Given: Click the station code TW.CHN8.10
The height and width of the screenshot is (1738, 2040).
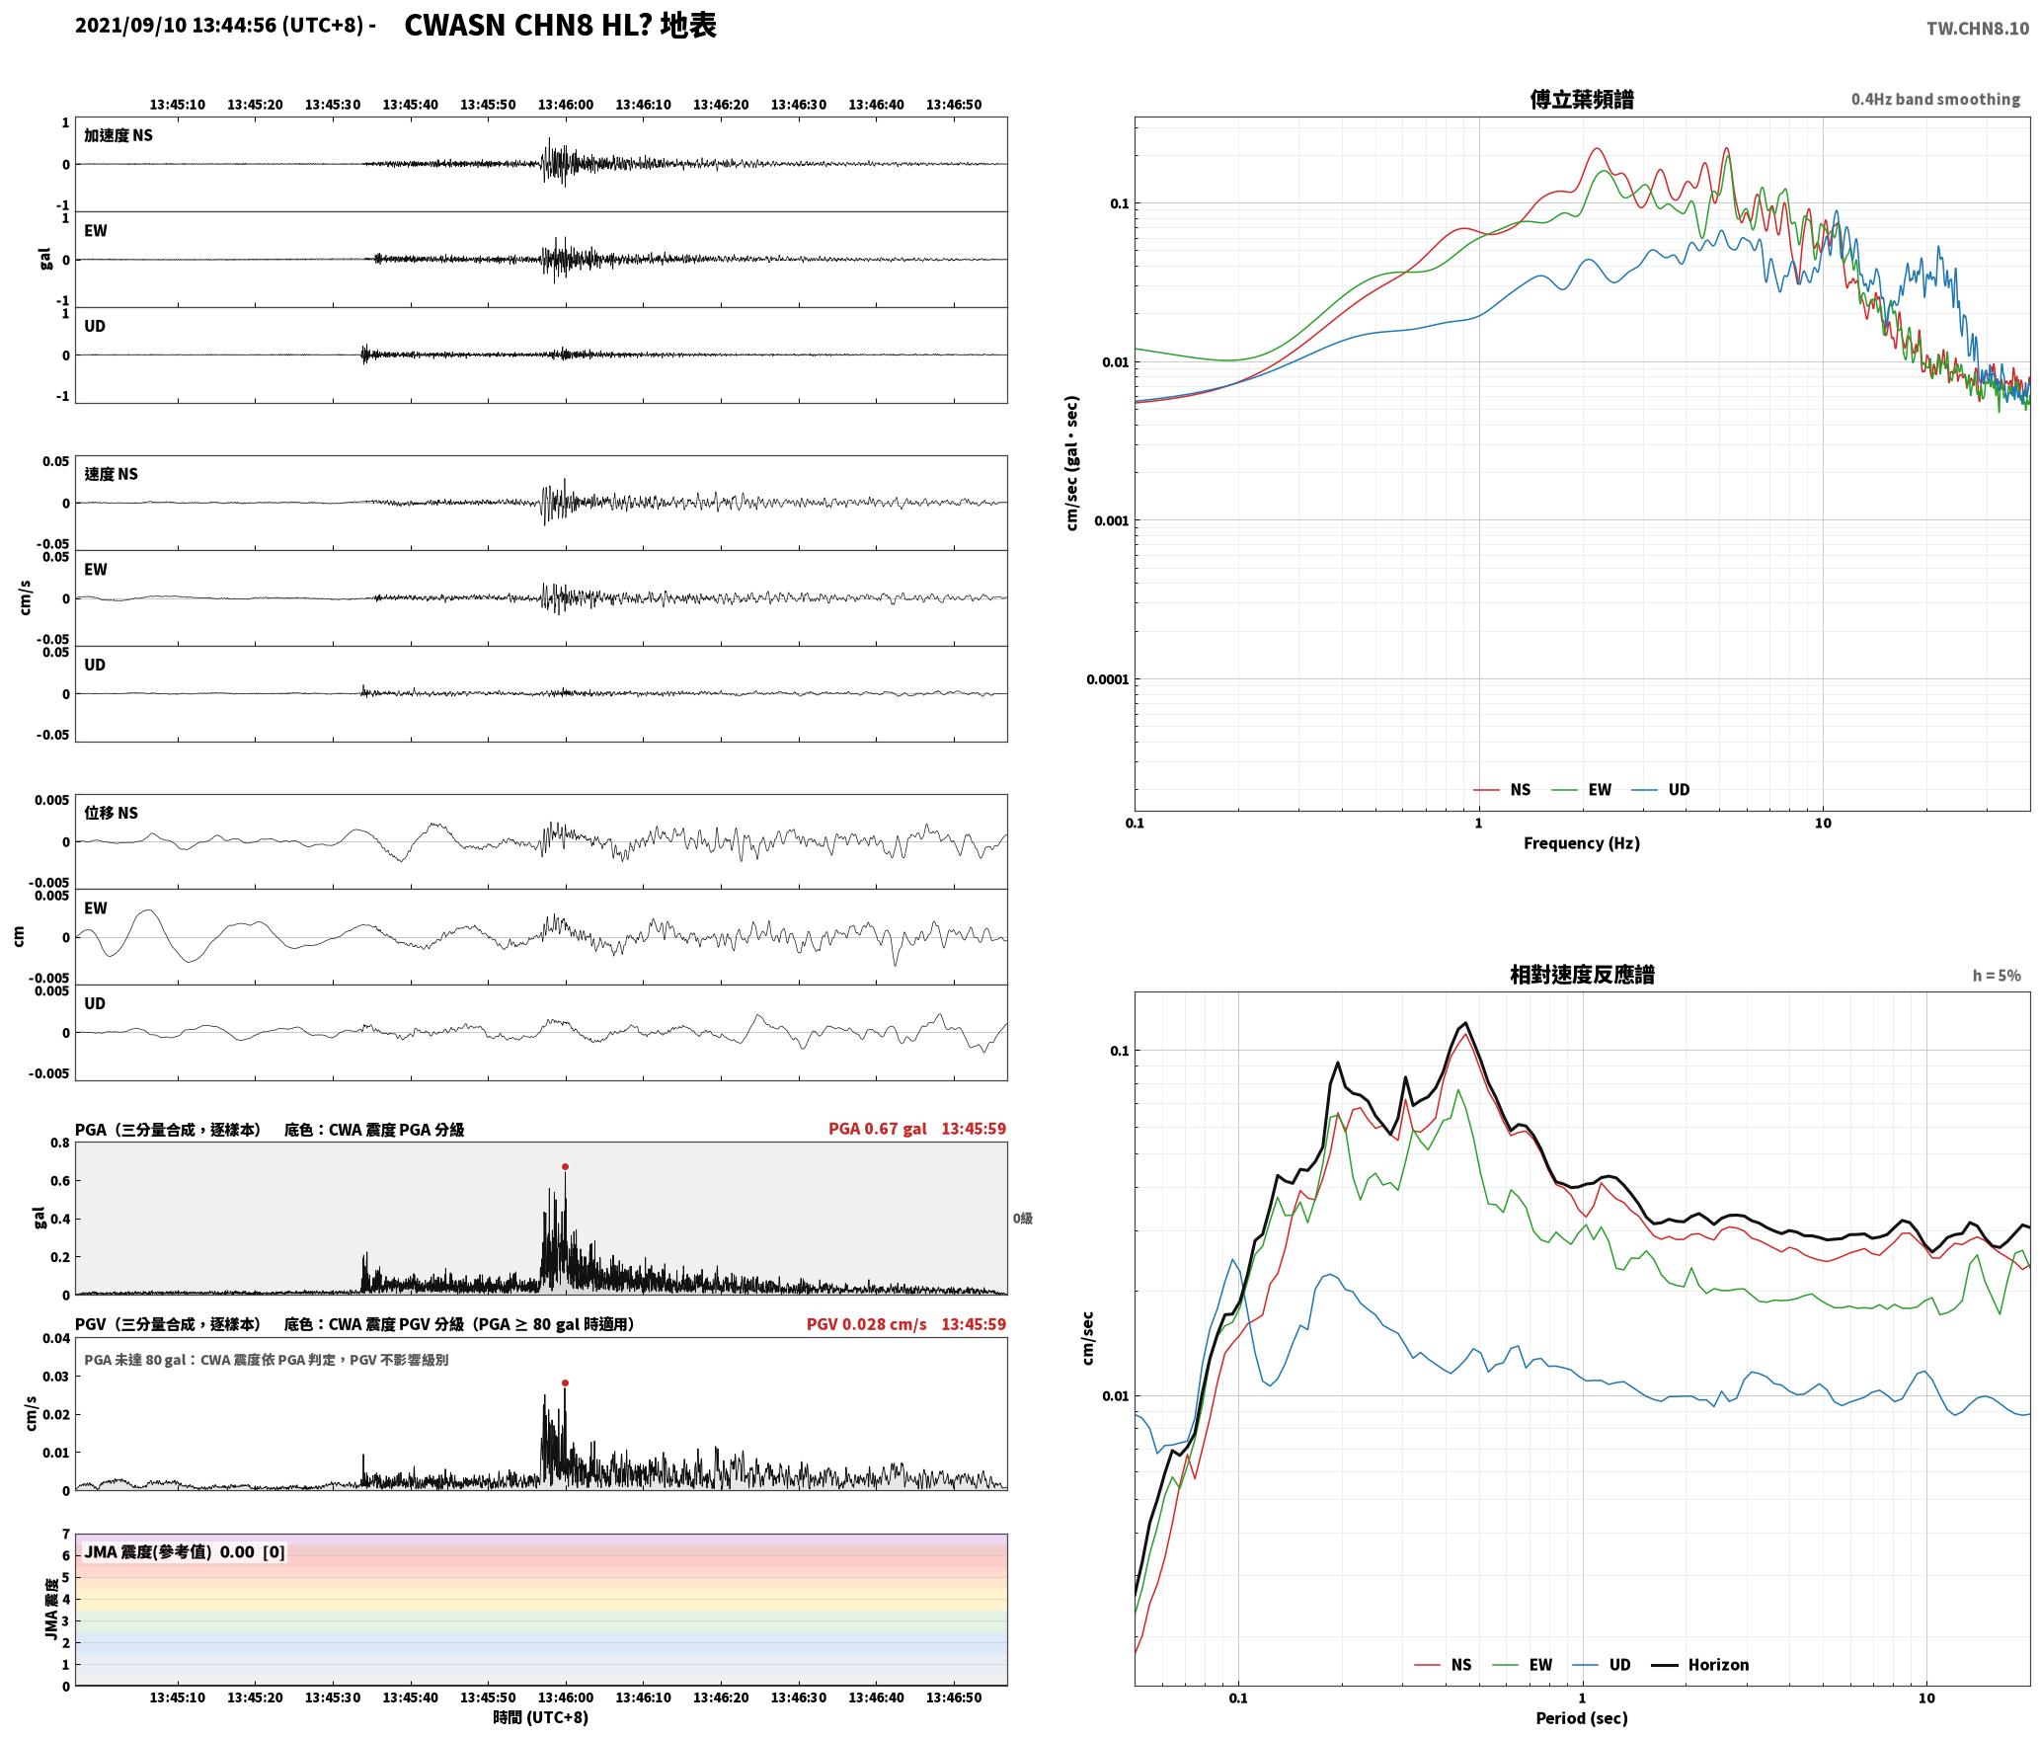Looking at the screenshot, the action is (x=1977, y=29).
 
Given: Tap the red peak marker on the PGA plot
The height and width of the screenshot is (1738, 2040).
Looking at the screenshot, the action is (x=565, y=1166).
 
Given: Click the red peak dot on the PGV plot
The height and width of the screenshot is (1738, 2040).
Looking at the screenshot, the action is (x=565, y=1382).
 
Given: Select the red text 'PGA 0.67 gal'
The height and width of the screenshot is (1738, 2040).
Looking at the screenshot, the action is (x=877, y=1129).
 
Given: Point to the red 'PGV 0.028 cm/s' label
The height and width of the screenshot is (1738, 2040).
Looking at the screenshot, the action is (x=866, y=1324).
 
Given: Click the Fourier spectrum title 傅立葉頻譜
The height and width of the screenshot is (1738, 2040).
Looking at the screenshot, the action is (x=1581, y=100).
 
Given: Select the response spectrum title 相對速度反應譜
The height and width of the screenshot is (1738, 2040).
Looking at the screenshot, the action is (x=1582, y=975).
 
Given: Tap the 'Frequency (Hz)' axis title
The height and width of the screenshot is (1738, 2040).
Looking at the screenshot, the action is (x=1581, y=843).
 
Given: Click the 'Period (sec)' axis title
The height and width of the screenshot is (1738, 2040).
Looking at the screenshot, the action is (x=1581, y=1718).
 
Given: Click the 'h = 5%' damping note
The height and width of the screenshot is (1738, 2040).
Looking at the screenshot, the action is (x=1997, y=976).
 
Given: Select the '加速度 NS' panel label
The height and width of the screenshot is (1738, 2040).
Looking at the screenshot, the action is (x=118, y=135).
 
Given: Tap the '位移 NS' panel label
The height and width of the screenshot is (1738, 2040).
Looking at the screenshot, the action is (x=111, y=813).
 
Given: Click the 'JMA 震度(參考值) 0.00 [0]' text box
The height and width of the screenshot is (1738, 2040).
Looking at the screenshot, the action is (x=185, y=1551).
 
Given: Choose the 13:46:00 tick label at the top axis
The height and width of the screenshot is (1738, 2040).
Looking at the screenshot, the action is (x=566, y=105).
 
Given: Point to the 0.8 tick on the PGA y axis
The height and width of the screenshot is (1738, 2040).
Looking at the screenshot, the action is (x=59, y=1144).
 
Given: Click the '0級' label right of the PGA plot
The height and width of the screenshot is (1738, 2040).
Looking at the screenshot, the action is (x=1022, y=1219).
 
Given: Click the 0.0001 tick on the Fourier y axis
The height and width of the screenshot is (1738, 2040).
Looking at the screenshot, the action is (x=1107, y=679).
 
